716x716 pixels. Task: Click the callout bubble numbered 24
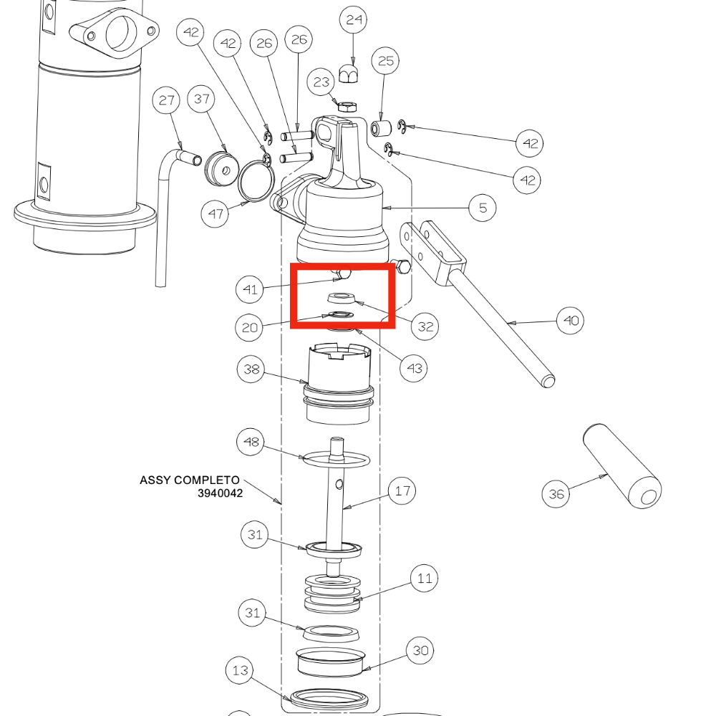[x=354, y=20]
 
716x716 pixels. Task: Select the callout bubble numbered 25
[x=386, y=62]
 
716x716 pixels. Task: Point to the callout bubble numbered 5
[x=483, y=208]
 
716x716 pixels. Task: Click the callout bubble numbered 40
[x=570, y=320]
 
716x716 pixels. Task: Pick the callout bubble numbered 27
[x=167, y=100]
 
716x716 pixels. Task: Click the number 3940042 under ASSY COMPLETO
[x=221, y=493]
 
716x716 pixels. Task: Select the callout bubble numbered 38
[x=251, y=369]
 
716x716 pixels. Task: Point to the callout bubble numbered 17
[x=402, y=491]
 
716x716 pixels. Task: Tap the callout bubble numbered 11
[x=425, y=578]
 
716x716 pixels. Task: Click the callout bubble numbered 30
[x=421, y=651]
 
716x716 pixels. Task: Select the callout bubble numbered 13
[x=240, y=671]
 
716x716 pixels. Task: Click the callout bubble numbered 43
[x=415, y=368]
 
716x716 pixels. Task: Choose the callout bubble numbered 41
[x=250, y=290]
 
